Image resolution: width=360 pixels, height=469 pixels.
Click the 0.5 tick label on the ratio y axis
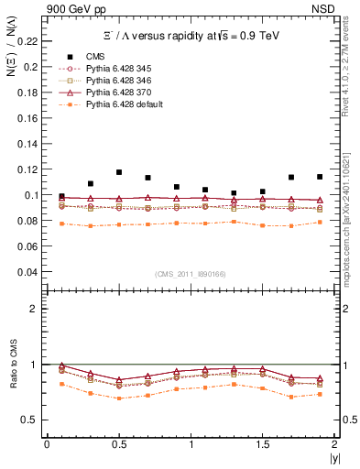(x=34, y=420)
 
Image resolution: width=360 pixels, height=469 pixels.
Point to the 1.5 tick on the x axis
(x=263, y=444)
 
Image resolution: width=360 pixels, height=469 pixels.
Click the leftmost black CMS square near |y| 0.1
(x=61, y=197)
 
